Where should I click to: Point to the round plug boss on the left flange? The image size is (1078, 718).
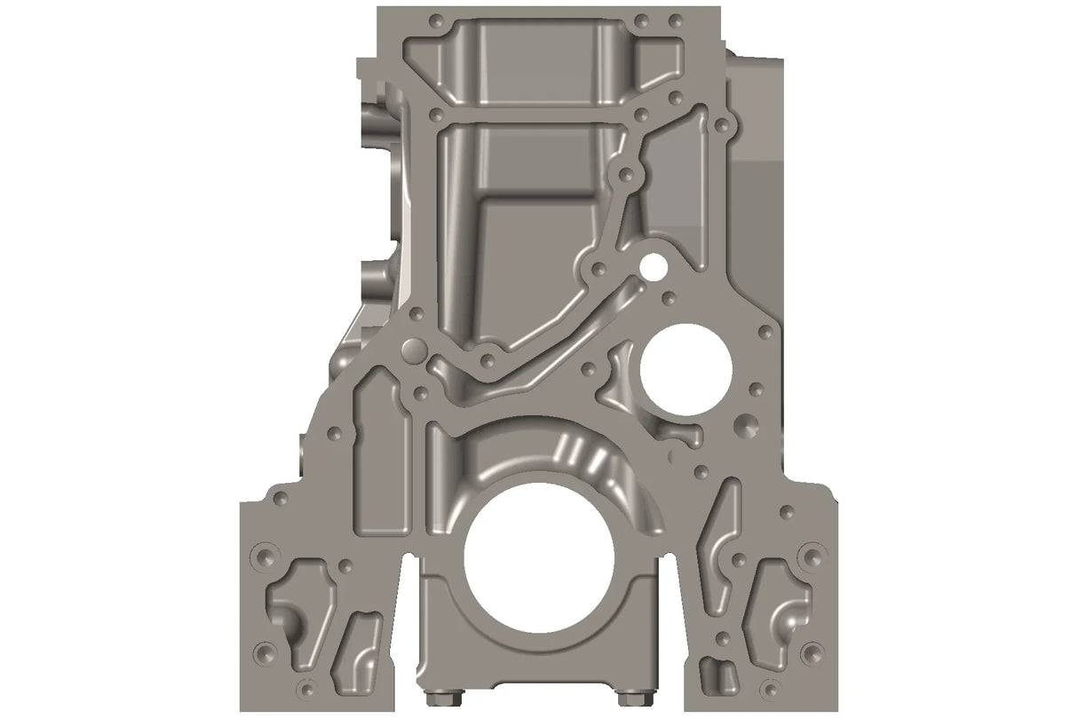pyautogui.click(x=412, y=349)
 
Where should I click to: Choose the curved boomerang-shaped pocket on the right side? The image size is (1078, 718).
pyautogui.click(x=717, y=541)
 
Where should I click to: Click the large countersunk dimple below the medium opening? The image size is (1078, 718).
pyautogui.click(x=744, y=426)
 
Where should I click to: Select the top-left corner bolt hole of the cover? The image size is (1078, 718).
pyautogui.click(x=435, y=20)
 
